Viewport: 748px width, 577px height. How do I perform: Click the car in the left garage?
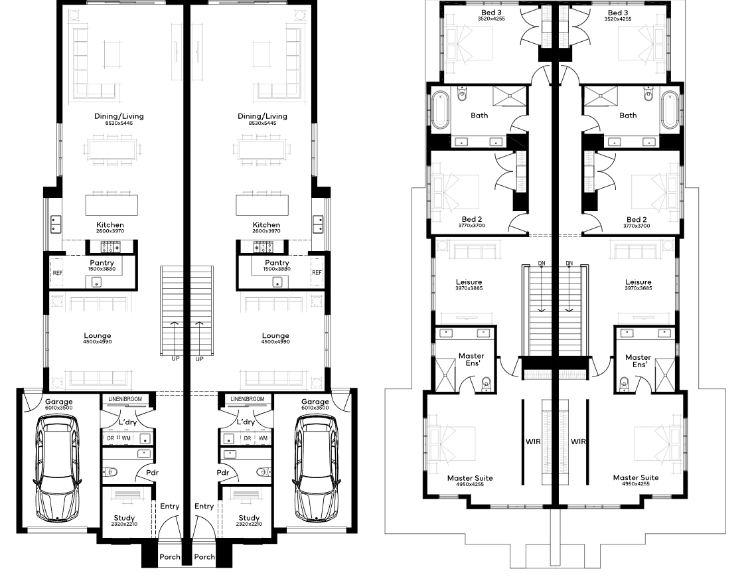pos(57,468)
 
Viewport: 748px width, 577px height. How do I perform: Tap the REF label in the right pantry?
pos(317,272)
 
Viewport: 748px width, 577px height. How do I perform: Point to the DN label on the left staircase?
pos(542,263)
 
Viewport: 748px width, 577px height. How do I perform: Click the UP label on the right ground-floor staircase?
pos(199,359)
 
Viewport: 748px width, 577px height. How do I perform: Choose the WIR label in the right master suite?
pos(578,442)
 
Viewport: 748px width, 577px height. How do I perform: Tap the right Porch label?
pos(204,556)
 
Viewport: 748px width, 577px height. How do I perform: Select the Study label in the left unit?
pos(124,518)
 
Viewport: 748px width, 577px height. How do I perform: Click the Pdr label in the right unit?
pos(223,473)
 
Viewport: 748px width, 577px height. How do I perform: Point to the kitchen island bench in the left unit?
pos(112,205)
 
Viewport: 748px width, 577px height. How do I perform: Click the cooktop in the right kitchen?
pos(263,247)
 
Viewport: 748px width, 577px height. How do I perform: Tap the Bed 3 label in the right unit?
pos(618,13)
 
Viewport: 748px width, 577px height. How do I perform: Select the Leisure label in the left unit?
pos(469,282)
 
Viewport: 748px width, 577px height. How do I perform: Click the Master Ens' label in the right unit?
pos(638,361)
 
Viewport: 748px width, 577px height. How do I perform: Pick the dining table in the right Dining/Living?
pos(262,150)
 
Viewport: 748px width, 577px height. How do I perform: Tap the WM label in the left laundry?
pos(126,438)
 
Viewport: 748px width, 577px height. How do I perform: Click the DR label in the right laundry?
pos(247,438)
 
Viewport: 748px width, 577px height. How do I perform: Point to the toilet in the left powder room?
pos(111,473)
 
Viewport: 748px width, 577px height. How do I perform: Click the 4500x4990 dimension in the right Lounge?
pos(275,342)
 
